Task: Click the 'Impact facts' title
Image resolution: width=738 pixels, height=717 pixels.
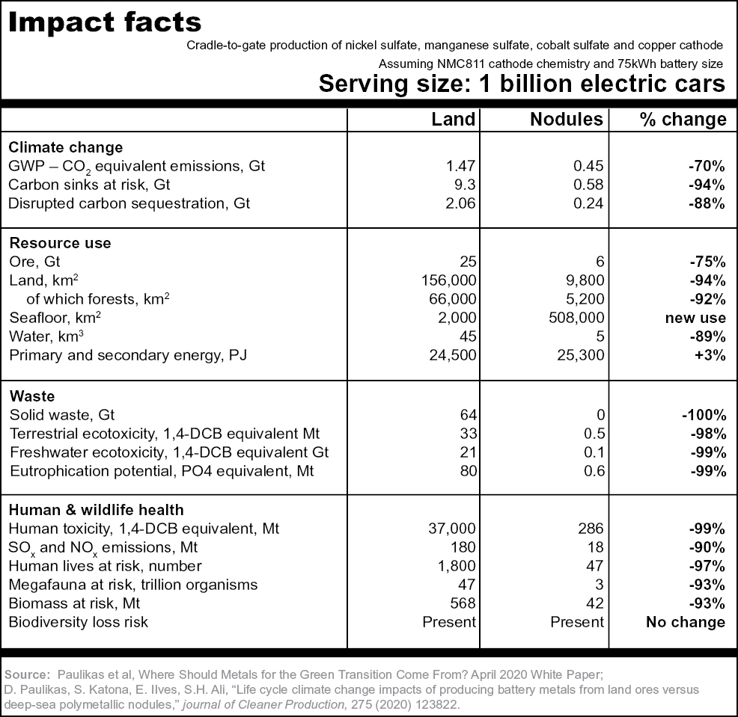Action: click(105, 22)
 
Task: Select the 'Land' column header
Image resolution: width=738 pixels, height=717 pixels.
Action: click(454, 120)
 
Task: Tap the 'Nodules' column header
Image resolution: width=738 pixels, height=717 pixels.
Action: click(566, 120)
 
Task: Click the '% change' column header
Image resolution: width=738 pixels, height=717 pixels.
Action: click(683, 120)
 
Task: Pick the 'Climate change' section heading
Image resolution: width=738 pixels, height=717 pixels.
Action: click(65, 147)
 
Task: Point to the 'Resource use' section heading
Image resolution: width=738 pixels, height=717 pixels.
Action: click(60, 243)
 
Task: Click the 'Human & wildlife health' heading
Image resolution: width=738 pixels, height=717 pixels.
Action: click(97, 510)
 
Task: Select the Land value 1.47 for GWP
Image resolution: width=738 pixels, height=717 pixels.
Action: click(460, 166)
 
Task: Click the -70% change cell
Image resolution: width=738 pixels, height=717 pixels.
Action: click(707, 166)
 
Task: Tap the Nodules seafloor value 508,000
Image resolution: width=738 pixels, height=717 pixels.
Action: click(576, 318)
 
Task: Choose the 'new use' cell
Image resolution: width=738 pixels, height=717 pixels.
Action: click(695, 318)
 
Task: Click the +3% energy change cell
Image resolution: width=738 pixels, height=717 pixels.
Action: click(710, 355)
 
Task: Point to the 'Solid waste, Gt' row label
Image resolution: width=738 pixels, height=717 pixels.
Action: click(62, 415)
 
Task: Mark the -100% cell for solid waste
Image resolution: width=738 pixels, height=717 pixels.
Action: click(704, 415)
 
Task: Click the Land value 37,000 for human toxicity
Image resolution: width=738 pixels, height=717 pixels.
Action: click(452, 529)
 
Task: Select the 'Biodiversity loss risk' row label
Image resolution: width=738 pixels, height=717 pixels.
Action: click(79, 622)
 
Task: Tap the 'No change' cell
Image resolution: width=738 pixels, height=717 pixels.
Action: click(686, 622)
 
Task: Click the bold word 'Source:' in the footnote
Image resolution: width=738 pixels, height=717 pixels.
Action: click(27, 674)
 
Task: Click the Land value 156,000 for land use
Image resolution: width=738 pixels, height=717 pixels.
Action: click(448, 280)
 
